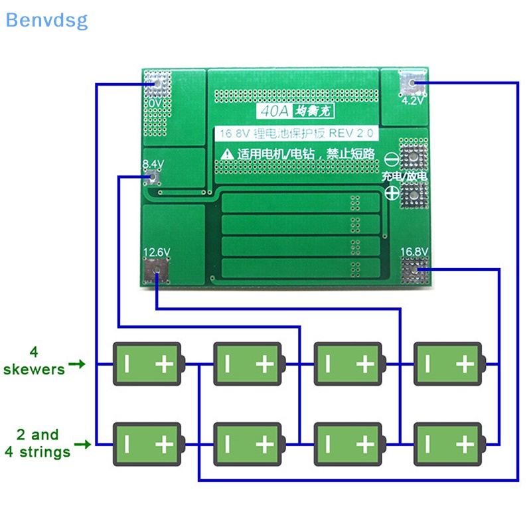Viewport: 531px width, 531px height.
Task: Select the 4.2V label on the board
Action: click(x=412, y=102)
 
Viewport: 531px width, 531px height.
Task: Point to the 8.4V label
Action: click(x=153, y=163)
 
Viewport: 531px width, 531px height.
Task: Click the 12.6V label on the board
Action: click(x=157, y=252)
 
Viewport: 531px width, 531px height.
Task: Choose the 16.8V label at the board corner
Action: click(x=414, y=252)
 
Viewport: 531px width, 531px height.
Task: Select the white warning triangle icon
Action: click(x=227, y=154)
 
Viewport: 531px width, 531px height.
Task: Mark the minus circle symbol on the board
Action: click(x=392, y=159)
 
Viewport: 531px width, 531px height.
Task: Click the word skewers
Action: click(x=34, y=369)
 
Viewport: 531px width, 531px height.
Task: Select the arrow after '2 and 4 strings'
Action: click(x=82, y=443)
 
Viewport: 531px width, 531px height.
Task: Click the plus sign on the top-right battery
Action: click(x=465, y=364)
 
